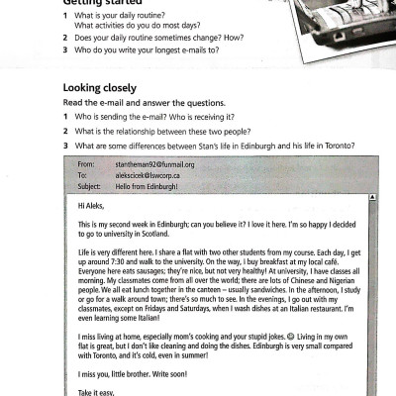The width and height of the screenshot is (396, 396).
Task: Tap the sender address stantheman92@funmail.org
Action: (x=154, y=164)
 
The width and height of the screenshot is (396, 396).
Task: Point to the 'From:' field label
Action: (x=86, y=164)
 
